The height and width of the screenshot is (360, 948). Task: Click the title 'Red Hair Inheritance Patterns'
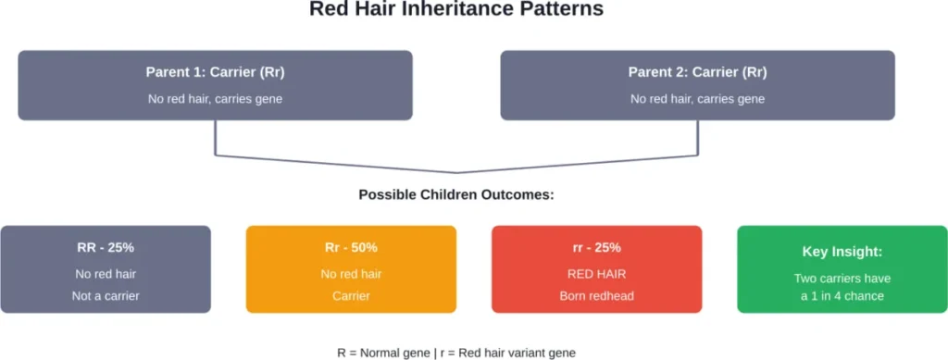455,10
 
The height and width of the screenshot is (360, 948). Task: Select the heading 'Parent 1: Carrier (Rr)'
215,72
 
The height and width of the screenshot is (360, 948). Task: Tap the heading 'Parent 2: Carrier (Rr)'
697,72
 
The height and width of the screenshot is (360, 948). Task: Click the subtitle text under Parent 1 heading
215,98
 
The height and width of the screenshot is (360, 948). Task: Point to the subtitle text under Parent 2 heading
697,98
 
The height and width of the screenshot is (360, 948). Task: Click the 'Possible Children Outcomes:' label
456,196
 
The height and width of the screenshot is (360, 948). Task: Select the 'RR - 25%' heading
106,247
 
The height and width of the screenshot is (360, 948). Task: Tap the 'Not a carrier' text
106,296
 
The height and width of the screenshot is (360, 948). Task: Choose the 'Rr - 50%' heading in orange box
351,247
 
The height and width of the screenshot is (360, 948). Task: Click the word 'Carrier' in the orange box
351,296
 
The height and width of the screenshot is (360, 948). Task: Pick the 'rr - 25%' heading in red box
596,247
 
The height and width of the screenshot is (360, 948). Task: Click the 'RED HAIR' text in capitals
596,274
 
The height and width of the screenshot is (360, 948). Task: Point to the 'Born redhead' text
596,296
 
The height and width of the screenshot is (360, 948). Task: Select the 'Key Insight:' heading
842,252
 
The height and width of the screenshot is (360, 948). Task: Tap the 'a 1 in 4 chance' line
842,296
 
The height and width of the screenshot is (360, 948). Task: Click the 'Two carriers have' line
842,279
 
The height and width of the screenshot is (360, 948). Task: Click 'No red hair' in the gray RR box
106,274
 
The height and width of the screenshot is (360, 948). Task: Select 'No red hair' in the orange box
351,274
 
